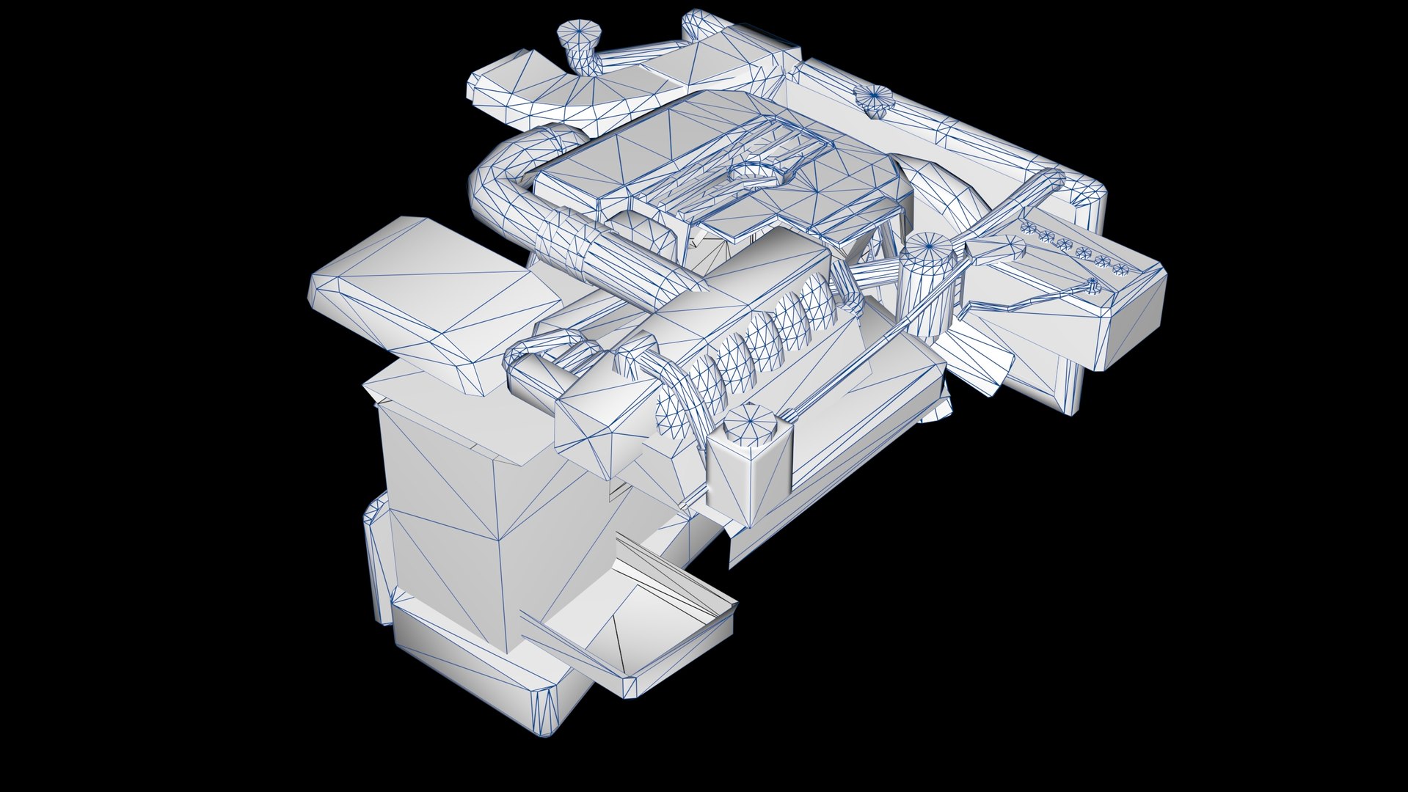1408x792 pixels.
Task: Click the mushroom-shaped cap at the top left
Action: point(578,33)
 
